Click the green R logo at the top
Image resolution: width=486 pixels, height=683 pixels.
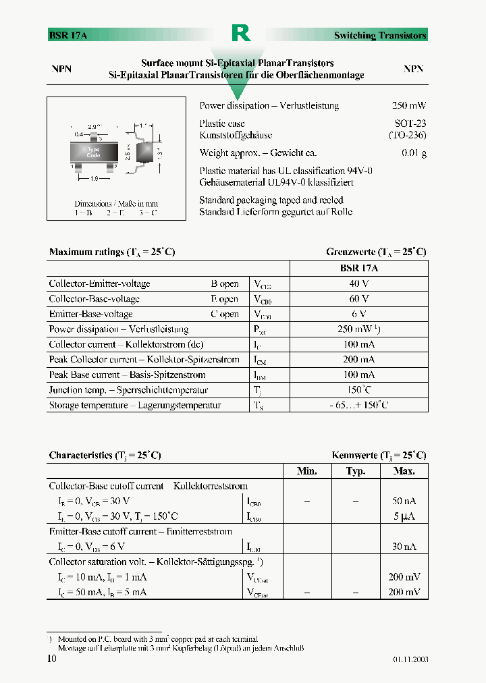click(x=241, y=32)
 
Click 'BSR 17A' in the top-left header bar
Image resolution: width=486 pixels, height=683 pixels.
click(x=68, y=35)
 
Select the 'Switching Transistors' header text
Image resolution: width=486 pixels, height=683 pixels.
click(x=380, y=35)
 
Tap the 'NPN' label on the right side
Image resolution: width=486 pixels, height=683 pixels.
click(x=413, y=69)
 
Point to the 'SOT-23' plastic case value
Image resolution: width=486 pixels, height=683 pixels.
click(x=410, y=124)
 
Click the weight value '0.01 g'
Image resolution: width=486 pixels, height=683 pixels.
click(x=414, y=153)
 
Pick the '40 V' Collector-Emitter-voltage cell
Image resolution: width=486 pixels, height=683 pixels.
click(x=359, y=283)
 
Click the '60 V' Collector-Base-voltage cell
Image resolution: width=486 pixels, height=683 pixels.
click(x=359, y=298)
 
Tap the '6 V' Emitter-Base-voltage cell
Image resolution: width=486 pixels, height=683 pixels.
click(x=359, y=314)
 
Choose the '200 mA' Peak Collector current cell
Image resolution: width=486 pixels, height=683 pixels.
click(x=359, y=360)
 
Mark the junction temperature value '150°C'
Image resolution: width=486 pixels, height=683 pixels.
click(x=359, y=390)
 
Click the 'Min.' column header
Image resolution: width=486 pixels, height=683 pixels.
click(x=307, y=471)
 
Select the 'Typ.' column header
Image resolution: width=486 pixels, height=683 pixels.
click(x=356, y=471)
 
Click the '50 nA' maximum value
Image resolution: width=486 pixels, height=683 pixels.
click(x=404, y=501)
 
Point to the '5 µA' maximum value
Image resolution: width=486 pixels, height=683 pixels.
click(x=404, y=516)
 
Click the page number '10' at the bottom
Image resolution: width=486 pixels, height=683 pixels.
click(x=52, y=659)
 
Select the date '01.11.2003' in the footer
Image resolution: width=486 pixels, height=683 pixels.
click(x=410, y=659)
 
